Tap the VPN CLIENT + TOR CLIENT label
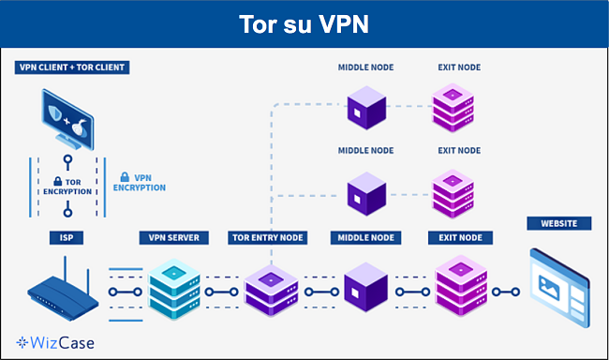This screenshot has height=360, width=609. click(x=72, y=67)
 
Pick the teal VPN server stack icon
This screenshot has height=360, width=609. click(x=175, y=285)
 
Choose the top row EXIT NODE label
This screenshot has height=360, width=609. click(x=459, y=67)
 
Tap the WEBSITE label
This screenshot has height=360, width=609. click(x=559, y=223)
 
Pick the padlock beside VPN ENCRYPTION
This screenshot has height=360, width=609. click(x=123, y=177)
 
